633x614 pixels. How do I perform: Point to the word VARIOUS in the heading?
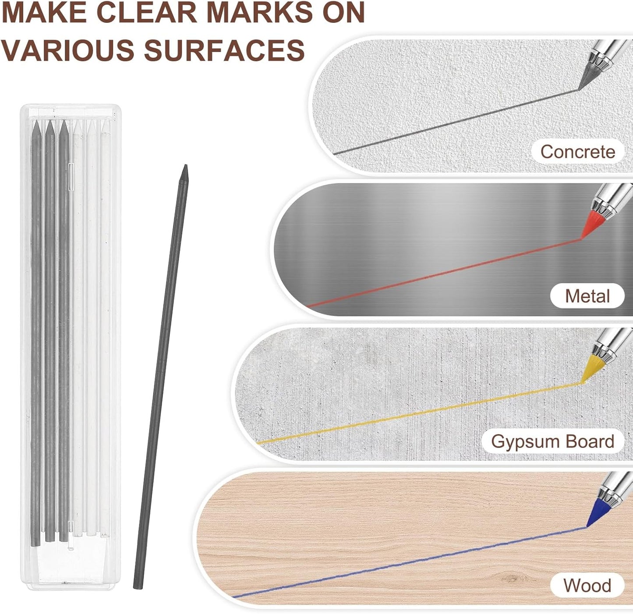point(69,50)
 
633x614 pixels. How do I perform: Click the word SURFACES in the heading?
point(224,50)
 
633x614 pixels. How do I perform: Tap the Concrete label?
point(578,152)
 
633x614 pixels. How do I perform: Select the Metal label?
point(587,296)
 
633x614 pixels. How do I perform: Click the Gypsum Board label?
point(553,441)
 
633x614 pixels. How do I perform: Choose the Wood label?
point(587,586)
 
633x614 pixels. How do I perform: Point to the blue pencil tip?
point(587,526)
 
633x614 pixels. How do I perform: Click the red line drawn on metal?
point(444,272)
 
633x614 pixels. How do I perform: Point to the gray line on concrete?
point(456,121)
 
